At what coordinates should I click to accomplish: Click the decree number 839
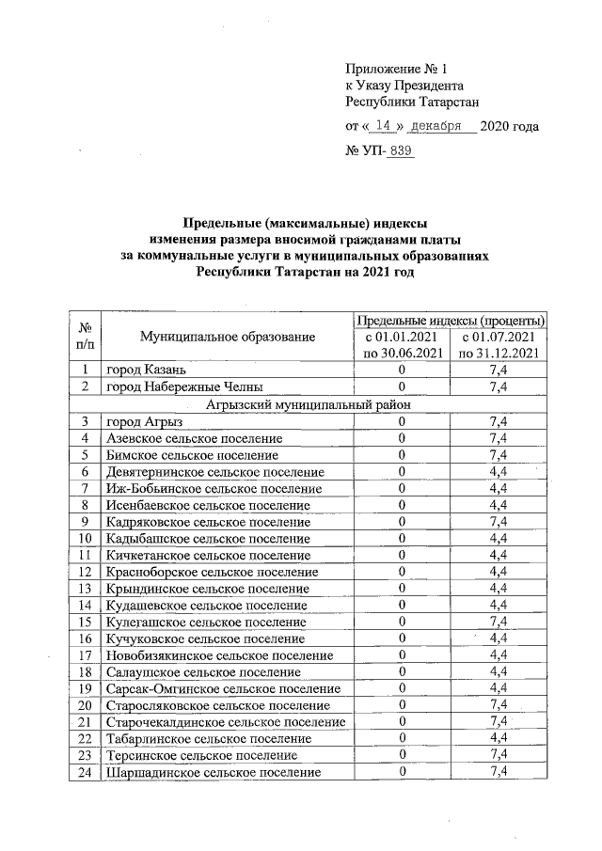coord(401,150)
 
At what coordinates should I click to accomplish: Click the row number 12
coord(86,572)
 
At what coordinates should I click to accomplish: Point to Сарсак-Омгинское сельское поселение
coord(223,688)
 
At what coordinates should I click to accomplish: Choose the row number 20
coord(86,705)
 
